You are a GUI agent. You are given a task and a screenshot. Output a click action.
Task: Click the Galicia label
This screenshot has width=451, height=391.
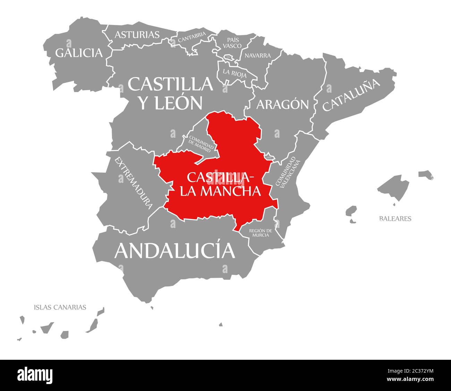(79, 53)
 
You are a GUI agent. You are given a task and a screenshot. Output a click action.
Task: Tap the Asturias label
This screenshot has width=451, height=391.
(137, 35)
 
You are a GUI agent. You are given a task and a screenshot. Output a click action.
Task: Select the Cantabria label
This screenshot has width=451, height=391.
(192, 37)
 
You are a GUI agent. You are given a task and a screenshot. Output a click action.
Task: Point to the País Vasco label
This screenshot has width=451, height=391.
(232, 43)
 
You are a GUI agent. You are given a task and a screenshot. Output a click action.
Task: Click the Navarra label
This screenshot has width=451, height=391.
(257, 56)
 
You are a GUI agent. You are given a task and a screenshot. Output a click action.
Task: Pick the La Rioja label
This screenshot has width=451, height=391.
(235, 73)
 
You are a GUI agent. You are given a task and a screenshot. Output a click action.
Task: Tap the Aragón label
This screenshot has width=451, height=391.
(282, 104)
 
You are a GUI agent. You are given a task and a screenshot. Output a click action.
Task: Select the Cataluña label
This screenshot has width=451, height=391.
(351, 95)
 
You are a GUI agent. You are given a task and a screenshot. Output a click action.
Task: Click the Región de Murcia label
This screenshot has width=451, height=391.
(261, 233)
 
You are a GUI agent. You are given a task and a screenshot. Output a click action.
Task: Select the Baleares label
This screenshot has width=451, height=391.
(395, 219)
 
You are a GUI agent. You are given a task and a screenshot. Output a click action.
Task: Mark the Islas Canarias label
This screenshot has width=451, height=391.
(60, 307)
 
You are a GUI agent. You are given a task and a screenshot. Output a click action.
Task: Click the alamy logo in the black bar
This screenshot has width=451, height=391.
(35, 375)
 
